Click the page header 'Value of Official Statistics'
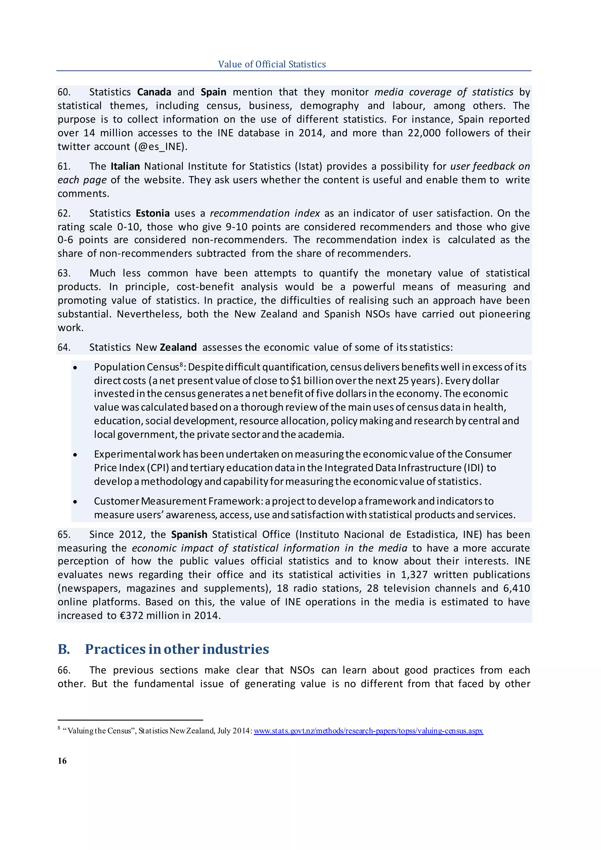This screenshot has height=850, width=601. pyautogui.click(x=272, y=64)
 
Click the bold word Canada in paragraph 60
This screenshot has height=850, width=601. pyautogui.click(x=154, y=92)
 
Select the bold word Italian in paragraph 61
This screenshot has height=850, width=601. pyautogui.click(x=125, y=166)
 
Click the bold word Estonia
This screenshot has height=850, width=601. pyautogui.click(x=153, y=213)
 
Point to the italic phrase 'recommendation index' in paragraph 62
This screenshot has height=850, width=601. pyautogui.click(x=265, y=213)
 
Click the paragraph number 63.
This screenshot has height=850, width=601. pyautogui.click(x=64, y=273)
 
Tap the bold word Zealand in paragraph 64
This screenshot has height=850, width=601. pyautogui.click(x=178, y=347)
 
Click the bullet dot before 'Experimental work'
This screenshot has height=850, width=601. pyautogui.click(x=75, y=455)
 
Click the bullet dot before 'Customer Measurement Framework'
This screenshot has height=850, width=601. pyautogui.click(x=75, y=502)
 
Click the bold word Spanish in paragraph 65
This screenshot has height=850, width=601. pyautogui.click(x=189, y=534)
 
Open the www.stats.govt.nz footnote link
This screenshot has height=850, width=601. pyautogui.click(x=368, y=731)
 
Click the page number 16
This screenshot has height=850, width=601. pyautogui.click(x=62, y=761)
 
